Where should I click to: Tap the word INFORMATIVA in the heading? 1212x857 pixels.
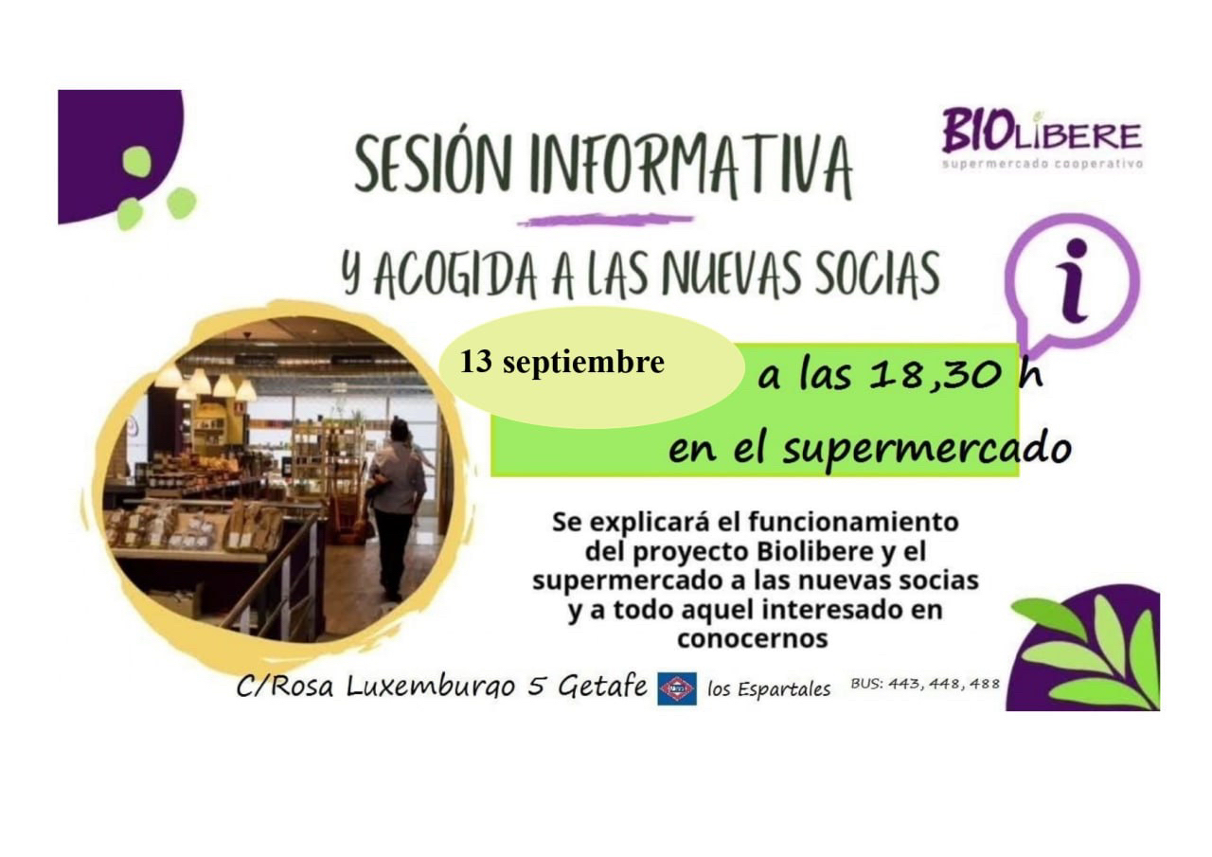point(691,165)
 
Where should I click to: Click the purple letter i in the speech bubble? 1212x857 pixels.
point(1074,281)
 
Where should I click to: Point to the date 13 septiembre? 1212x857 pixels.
point(562,362)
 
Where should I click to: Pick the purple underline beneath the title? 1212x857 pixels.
point(605,221)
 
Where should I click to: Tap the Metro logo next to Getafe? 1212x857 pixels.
point(677,688)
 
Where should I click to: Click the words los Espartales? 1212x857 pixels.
point(769,689)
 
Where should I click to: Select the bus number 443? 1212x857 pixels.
point(905,684)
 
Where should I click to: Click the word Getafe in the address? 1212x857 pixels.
point(602,687)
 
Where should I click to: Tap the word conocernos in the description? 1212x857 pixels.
point(753,639)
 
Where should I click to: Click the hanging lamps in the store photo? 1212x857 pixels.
point(208,382)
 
